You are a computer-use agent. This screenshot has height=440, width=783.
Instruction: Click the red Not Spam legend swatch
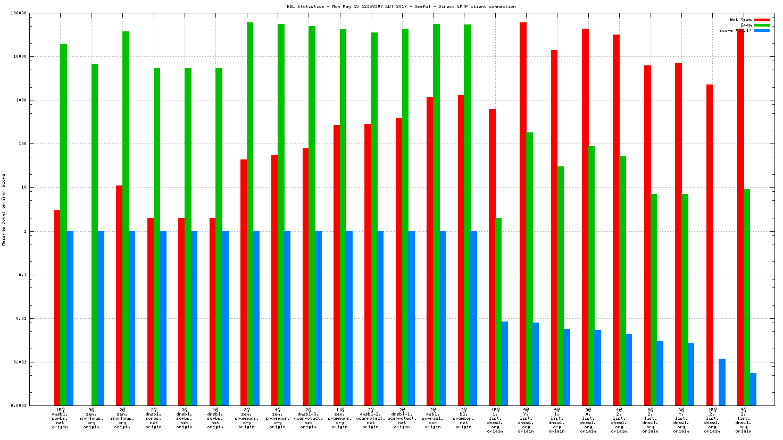click(762, 20)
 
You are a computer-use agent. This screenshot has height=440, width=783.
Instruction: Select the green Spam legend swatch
click(762, 25)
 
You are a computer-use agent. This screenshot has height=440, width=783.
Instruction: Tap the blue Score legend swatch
click(762, 30)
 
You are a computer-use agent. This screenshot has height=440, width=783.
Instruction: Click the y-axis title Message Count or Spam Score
click(4, 209)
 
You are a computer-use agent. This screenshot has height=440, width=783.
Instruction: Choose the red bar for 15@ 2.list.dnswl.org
click(710, 244)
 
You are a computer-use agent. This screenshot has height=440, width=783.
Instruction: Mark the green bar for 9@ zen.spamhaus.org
click(95, 234)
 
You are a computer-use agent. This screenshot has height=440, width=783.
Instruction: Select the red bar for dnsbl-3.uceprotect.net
click(305, 276)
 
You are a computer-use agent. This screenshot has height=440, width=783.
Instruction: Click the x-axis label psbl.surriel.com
click(432, 418)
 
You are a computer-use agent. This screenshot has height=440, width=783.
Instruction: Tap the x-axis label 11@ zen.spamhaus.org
click(339, 418)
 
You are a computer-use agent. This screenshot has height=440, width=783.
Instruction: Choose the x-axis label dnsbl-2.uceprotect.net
click(370, 418)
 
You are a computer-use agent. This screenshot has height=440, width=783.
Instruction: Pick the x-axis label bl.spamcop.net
click(463, 418)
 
